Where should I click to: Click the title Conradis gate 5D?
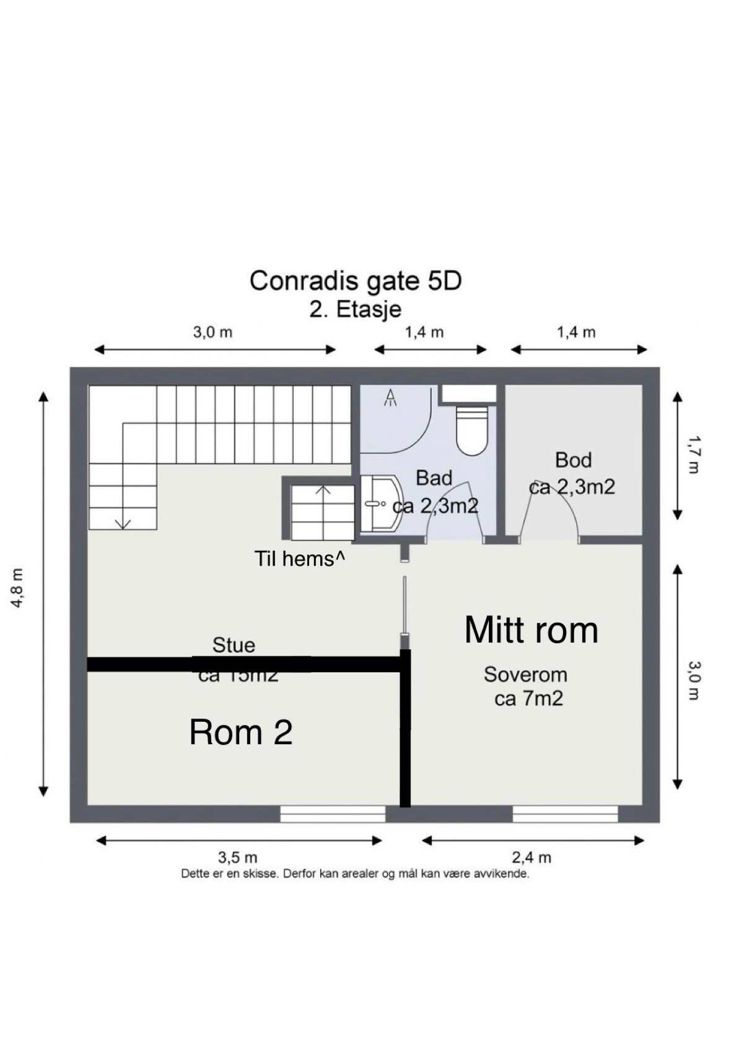(356, 281)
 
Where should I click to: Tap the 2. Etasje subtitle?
(356, 309)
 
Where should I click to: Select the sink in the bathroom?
(381, 504)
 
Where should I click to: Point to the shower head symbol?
(391, 397)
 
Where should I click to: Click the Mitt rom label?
(531, 630)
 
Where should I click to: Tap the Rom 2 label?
(240, 732)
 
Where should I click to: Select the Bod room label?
(573, 460)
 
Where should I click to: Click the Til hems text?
(300, 559)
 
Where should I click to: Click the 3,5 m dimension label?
(237, 858)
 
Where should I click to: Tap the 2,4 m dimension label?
(532, 858)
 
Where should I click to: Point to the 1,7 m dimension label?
(693, 455)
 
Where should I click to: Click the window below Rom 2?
(333, 814)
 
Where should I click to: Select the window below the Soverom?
(565, 814)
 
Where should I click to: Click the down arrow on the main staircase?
(123, 522)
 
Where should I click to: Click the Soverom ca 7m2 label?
(526, 687)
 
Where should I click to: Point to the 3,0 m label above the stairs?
(212, 332)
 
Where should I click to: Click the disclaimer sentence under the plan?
(356, 874)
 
